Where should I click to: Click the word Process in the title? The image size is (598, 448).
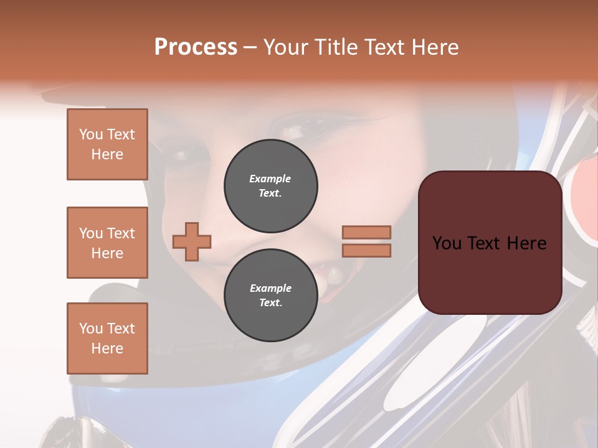[196, 47]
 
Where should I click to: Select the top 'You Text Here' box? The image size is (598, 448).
[107, 144]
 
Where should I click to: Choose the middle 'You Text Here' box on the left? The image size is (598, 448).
[107, 243]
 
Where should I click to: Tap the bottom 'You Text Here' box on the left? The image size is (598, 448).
[107, 338]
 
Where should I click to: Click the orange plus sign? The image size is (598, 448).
[192, 241]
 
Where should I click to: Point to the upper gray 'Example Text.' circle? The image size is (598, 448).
[270, 185]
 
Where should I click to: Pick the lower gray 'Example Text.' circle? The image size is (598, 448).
[270, 296]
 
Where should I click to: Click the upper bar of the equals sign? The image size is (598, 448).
[366, 232]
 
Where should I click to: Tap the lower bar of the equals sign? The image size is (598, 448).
[366, 251]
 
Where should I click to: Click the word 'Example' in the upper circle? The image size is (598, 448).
[270, 179]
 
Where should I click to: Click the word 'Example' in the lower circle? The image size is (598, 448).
[270, 288]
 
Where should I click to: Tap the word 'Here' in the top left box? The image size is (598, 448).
[107, 154]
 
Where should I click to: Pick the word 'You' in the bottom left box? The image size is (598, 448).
[91, 329]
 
